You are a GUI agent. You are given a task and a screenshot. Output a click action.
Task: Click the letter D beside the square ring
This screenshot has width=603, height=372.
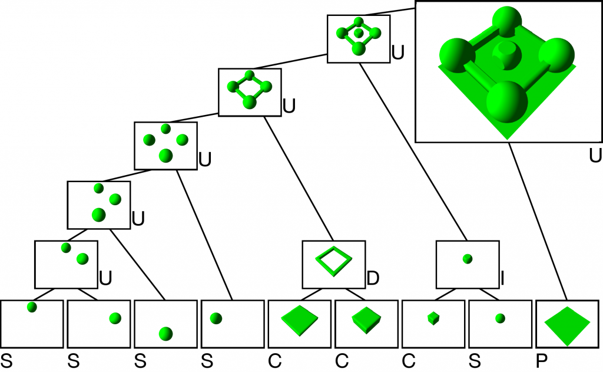(x=372, y=277)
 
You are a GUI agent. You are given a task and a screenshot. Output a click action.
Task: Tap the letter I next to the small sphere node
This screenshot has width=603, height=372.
(x=502, y=277)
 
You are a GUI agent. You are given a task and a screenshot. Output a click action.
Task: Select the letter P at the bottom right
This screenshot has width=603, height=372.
(x=541, y=359)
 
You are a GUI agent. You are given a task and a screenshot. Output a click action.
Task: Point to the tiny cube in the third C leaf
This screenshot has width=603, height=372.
(x=433, y=319)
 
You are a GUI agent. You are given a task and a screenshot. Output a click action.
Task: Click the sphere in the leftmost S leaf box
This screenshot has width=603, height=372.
(x=32, y=307)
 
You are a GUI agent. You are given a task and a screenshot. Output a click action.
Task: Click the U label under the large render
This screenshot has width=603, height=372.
(x=595, y=156)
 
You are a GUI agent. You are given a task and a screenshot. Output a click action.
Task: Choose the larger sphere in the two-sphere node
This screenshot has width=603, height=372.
(x=82, y=258)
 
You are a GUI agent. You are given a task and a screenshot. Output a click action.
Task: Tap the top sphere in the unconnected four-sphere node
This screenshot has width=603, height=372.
(x=165, y=129)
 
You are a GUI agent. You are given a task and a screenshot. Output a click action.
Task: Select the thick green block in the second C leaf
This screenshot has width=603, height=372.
(x=366, y=319)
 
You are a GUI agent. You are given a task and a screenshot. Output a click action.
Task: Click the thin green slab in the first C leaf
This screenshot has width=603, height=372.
(x=299, y=319)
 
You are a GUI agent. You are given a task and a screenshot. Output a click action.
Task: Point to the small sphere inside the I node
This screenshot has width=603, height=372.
(x=468, y=259)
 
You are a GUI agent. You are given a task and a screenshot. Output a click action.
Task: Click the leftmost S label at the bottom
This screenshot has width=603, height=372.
(x=6, y=359)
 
